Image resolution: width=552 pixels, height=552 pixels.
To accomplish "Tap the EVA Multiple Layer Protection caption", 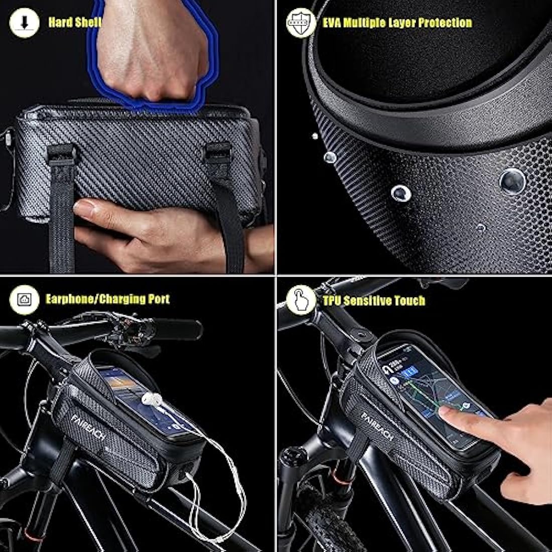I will [x=397, y=23].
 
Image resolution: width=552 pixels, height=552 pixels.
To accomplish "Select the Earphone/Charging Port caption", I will [x=107, y=300].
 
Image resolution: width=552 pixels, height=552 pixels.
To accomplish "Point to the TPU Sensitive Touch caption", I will [x=374, y=301].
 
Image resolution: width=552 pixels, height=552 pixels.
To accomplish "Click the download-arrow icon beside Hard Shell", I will [x=24, y=23].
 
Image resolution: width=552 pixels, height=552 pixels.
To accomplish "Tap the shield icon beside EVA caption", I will [x=300, y=23].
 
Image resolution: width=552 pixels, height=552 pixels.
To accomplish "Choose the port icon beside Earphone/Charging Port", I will [x=24, y=300].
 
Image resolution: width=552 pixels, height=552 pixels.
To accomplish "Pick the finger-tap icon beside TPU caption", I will [x=301, y=300].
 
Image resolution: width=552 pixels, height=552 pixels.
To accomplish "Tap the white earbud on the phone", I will [x=152, y=400].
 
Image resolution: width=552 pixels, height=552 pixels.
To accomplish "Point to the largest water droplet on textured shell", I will [x=512, y=181].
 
